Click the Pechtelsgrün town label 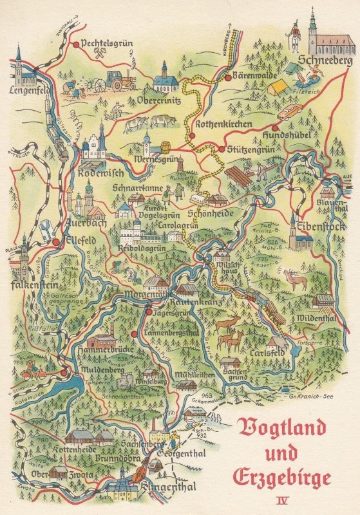tap(108, 44)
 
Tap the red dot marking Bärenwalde tap(227, 77)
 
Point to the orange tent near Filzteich tap(278, 87)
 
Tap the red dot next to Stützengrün tap(221, 149)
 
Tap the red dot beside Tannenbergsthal tap(133, 334)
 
